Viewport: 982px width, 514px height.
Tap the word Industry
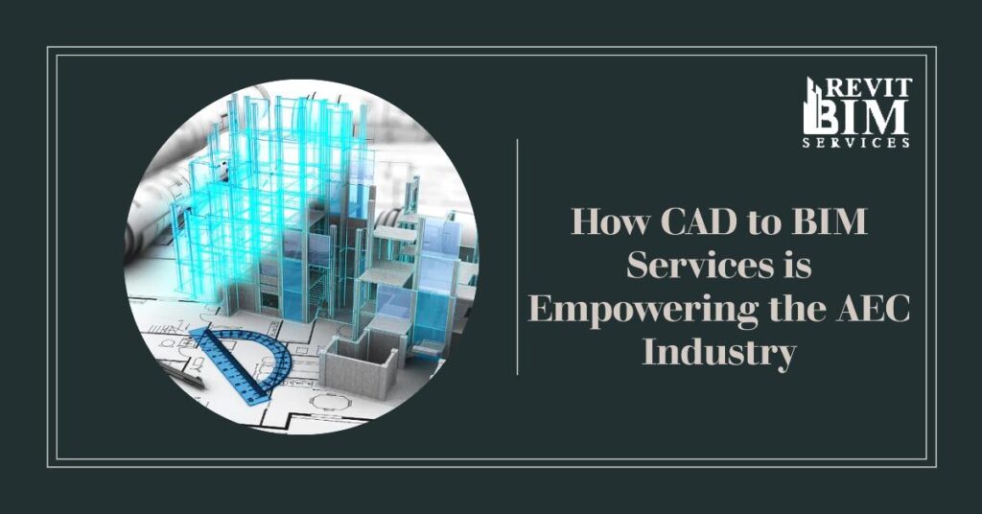[x=719, y=353]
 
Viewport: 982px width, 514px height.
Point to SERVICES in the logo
[x=855, y=142]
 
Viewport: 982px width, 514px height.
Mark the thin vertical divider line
[x=518, y=256]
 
